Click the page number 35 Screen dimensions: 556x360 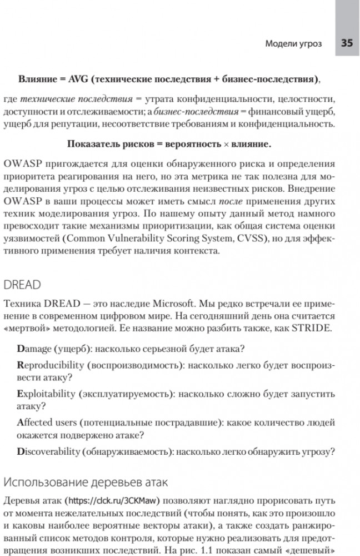[x=347, y=43]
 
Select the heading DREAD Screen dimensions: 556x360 [x=22, y=285]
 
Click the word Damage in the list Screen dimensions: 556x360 [x=37, y=349]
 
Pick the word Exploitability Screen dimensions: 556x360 [x=46, y=394]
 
